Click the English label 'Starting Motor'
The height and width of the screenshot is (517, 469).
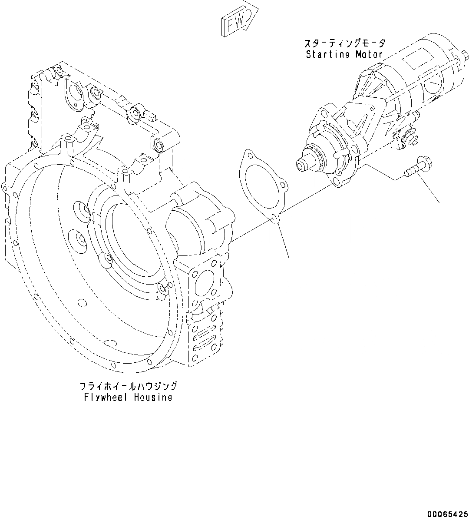pyautogui.click(x=344, y=54)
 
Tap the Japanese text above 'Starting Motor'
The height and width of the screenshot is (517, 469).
pyautogui.click(x=344, y=43)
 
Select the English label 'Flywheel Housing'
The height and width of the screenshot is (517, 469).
pyautogui.click(x=128, y=397)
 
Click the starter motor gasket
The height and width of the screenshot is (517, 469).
pyautogui.click(x=261, y=187)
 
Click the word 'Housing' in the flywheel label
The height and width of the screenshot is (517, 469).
pyautogui.click(x=153, y=397)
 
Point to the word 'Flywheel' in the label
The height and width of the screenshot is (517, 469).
pyautogui.click(x=103, y=397)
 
